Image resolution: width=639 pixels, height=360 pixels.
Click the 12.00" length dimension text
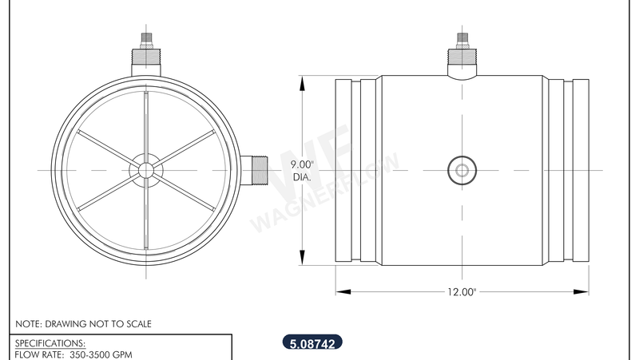tap(462, 292)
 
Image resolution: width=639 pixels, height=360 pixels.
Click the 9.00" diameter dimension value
tap(303, 164)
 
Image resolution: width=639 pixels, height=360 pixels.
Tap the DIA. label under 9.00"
tap(302, 176)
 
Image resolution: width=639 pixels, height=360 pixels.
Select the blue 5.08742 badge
tap(312, 344)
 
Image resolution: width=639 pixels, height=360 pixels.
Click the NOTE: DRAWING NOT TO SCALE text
tap(83, 324)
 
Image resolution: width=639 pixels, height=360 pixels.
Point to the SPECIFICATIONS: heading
tap(50, 342)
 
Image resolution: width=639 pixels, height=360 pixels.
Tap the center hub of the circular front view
tap(146, 169)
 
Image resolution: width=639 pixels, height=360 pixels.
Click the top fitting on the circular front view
tap(146, 56)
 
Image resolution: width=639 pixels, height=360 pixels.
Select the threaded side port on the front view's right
tap(255, 169)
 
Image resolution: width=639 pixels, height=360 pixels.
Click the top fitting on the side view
tap(462, 54)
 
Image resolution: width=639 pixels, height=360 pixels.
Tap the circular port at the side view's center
tap(461, 169)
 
